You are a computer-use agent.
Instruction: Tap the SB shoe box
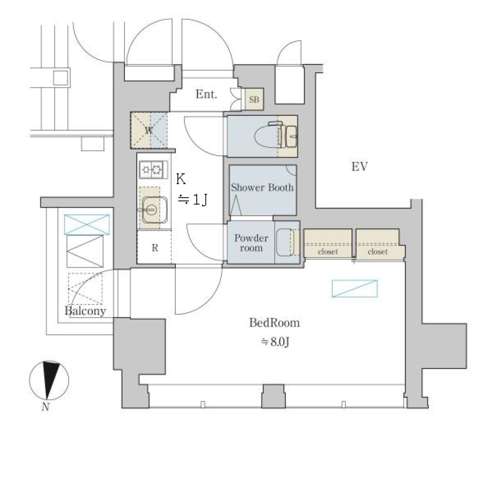coord(254,99)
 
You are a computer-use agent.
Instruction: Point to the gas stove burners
coord(152,169)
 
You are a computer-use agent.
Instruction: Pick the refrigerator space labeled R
coord(154,248)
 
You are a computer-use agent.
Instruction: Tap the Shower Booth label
coord(262,188)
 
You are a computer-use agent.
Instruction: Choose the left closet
coord(328,243)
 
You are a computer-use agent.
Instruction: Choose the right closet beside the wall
coord(378,243)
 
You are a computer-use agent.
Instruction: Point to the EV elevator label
coord(360,167)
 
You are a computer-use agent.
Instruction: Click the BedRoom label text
coord(274,323)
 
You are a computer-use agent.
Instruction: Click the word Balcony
coord(86,311)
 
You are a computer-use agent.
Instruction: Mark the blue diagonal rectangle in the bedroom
coord(355,289)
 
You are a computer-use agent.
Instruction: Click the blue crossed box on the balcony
coord(87,224)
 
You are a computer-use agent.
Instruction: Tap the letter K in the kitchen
coord(181,179)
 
